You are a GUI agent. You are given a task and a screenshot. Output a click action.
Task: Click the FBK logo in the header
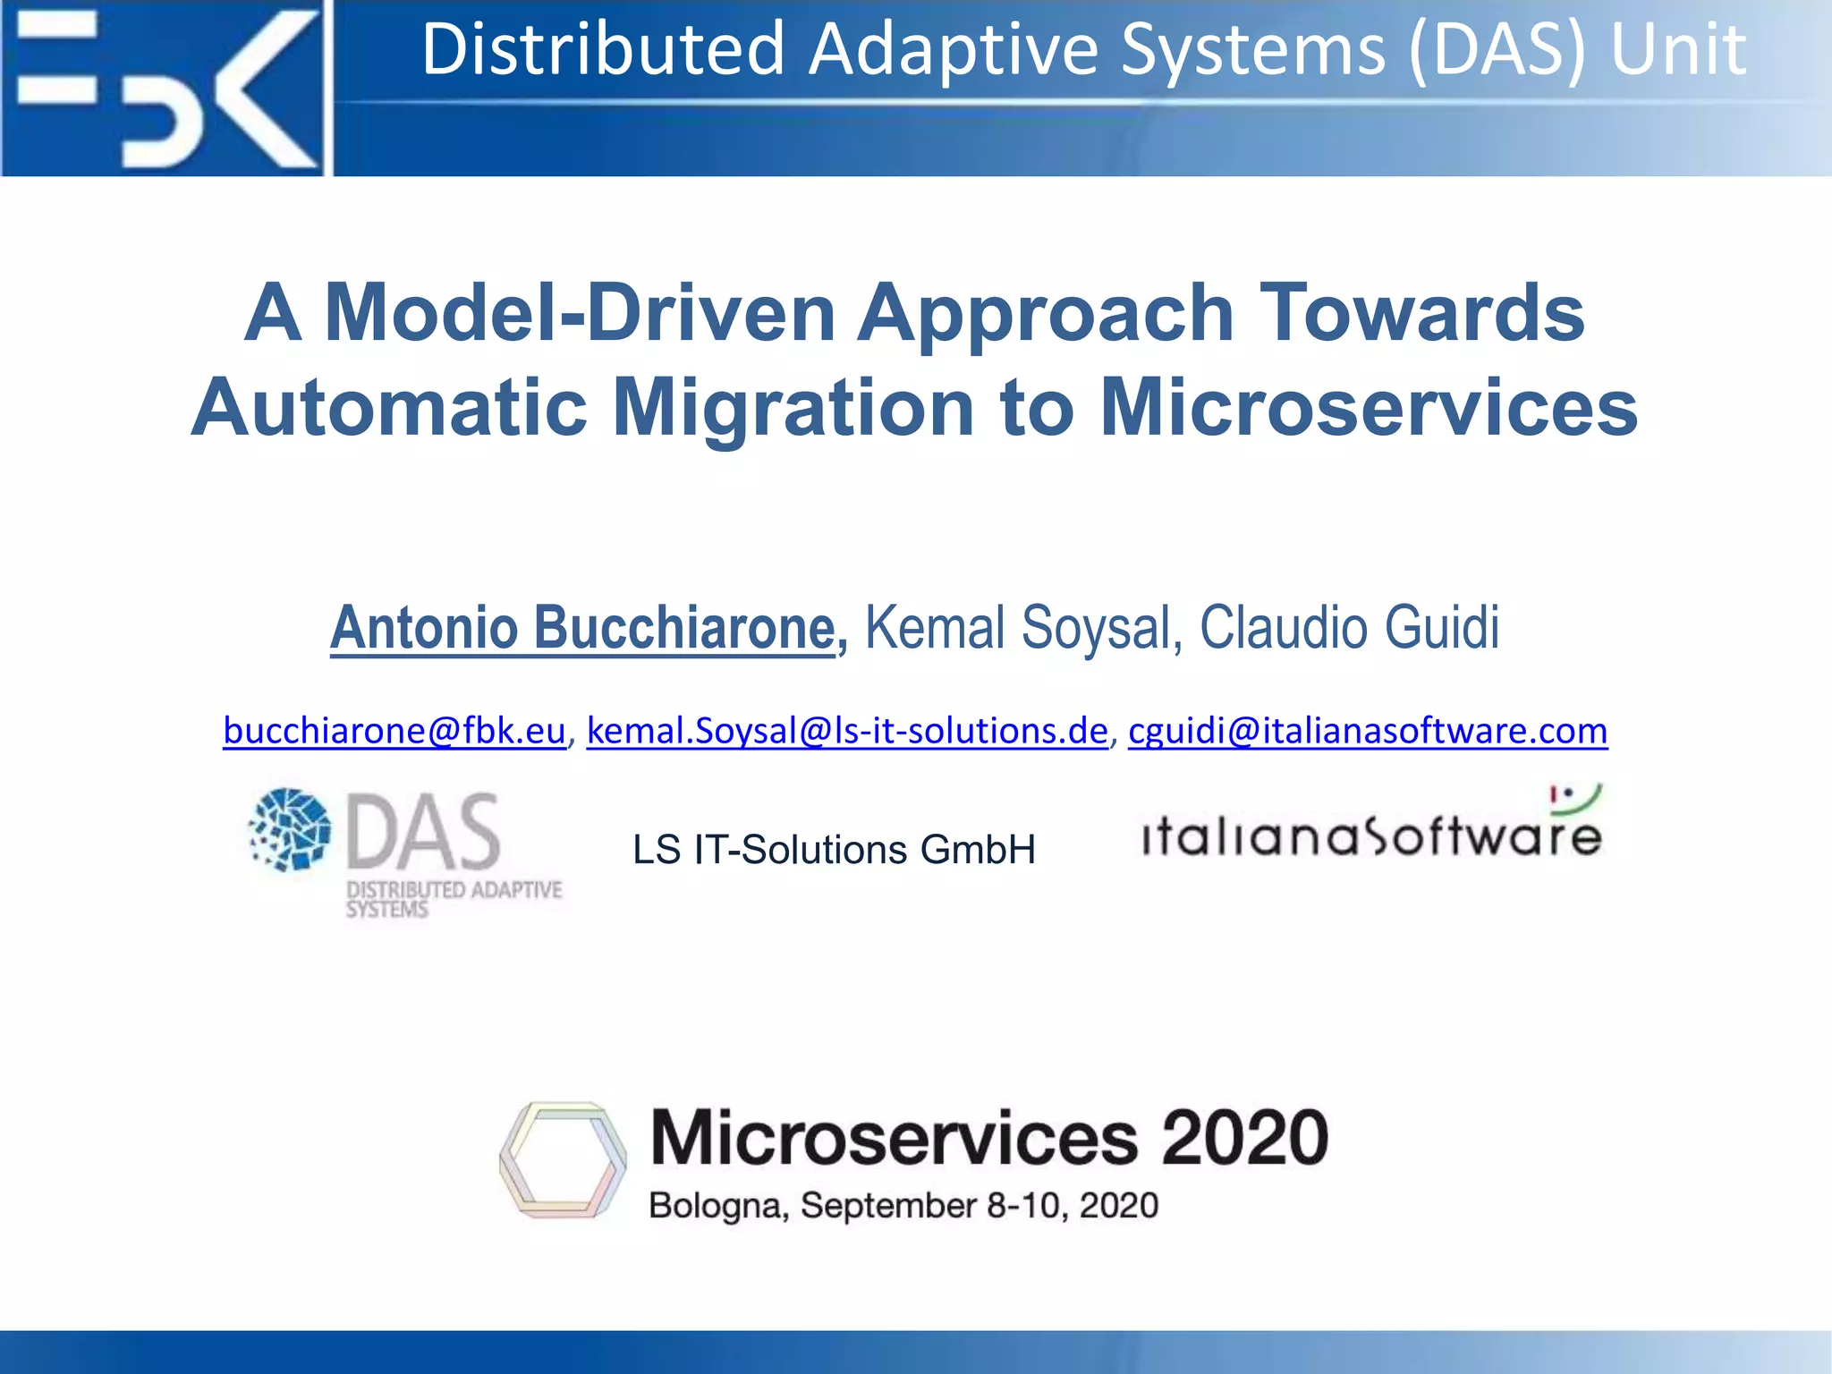click(165, 88)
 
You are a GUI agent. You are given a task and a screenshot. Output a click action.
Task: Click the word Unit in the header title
click(1678, 50)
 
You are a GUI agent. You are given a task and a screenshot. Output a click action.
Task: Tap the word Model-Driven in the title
click(580, 313)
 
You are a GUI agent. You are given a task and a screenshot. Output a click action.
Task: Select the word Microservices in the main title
click(1369, 408)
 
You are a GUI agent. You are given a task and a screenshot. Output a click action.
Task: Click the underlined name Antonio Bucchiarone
click(582, 628)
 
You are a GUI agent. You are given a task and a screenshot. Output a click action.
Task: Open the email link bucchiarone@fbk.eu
click(394, 731)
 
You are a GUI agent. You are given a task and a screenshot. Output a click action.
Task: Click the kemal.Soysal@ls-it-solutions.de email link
click(847, 731)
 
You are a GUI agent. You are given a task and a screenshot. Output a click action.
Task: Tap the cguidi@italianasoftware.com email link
click(1368, 731)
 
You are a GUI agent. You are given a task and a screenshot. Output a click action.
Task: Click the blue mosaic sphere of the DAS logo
click(290, 829)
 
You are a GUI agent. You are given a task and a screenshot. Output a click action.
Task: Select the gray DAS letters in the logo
click(423, 832)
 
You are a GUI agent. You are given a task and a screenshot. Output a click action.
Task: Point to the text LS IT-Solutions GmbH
click(834, 850)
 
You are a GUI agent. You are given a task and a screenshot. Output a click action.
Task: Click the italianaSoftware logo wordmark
click(1371, 837)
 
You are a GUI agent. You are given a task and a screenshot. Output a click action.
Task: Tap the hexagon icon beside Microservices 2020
click(563, 1159)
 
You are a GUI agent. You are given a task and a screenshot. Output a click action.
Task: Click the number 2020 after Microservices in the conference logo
click(1244, 1138)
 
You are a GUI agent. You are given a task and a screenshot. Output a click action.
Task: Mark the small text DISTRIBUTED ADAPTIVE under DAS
click(454, 890)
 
